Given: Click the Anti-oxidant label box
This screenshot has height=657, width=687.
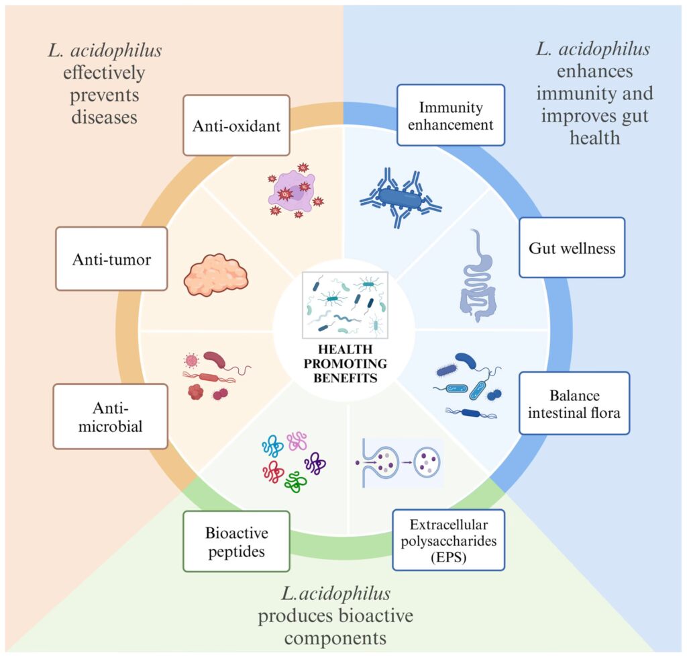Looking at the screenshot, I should pyautogui.click(x=236, y=125).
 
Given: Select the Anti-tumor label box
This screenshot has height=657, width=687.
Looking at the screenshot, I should pyautogui.click(x=111, y=259).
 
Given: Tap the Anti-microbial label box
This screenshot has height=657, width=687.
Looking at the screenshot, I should pyautogui.click(x=111, y=416).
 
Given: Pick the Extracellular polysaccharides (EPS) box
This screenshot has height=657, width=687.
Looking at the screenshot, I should pyautogui.click(x=448, y=541).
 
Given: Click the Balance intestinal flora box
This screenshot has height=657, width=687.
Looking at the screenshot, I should pyautogui.click(x=574, y=403).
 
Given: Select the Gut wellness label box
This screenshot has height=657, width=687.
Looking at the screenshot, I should pyautogui.click(x=572, y=248).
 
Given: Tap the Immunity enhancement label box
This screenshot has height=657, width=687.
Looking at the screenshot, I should pyautogui.click(x=450, y=115).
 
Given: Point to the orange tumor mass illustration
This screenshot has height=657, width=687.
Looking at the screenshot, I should pyautogui.click(x=216, y=273).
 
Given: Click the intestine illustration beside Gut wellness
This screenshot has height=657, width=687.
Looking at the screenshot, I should pyautogui.click(x=477, y=275).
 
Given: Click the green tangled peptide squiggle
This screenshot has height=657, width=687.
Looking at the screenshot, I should pyautogui.click(x=295, y=481).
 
